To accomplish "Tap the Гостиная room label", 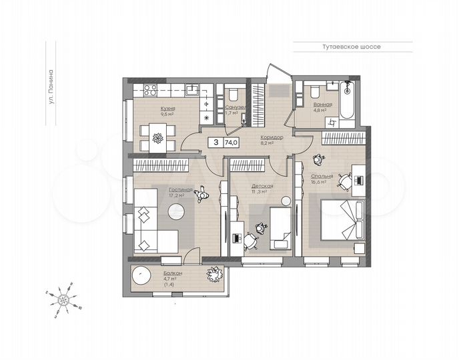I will coord(181,189).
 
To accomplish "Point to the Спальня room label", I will coord(322,177).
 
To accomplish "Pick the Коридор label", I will coord(272,137).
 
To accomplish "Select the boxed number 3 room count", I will coord(215,142).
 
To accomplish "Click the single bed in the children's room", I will coord(280,227).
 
